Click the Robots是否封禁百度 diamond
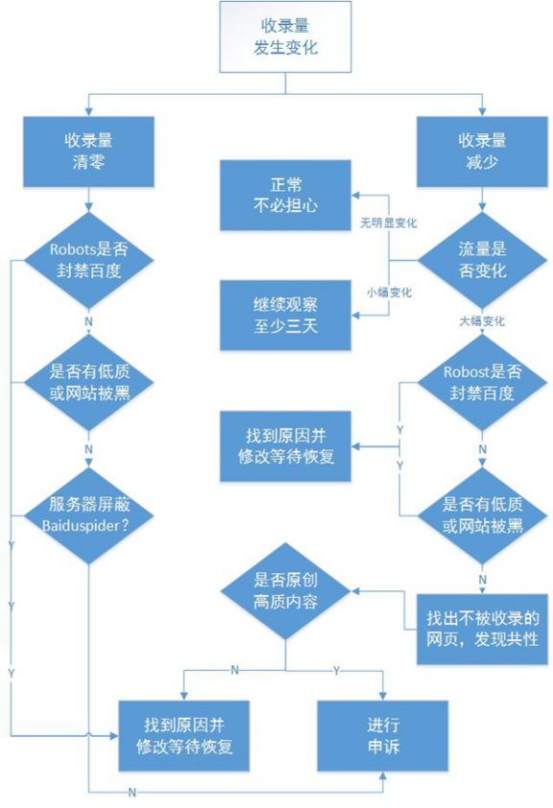[x=88, y=259]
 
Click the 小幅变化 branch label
[x=389, y=292]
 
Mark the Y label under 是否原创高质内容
[x=337, y=669]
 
